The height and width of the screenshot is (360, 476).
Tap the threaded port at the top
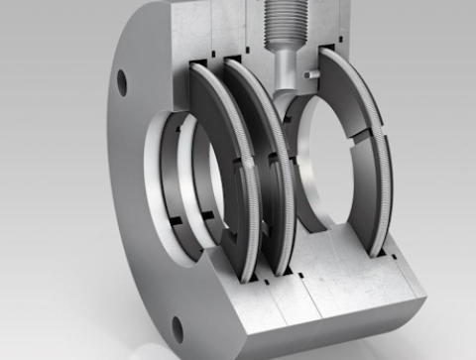click(x=283, y=25)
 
